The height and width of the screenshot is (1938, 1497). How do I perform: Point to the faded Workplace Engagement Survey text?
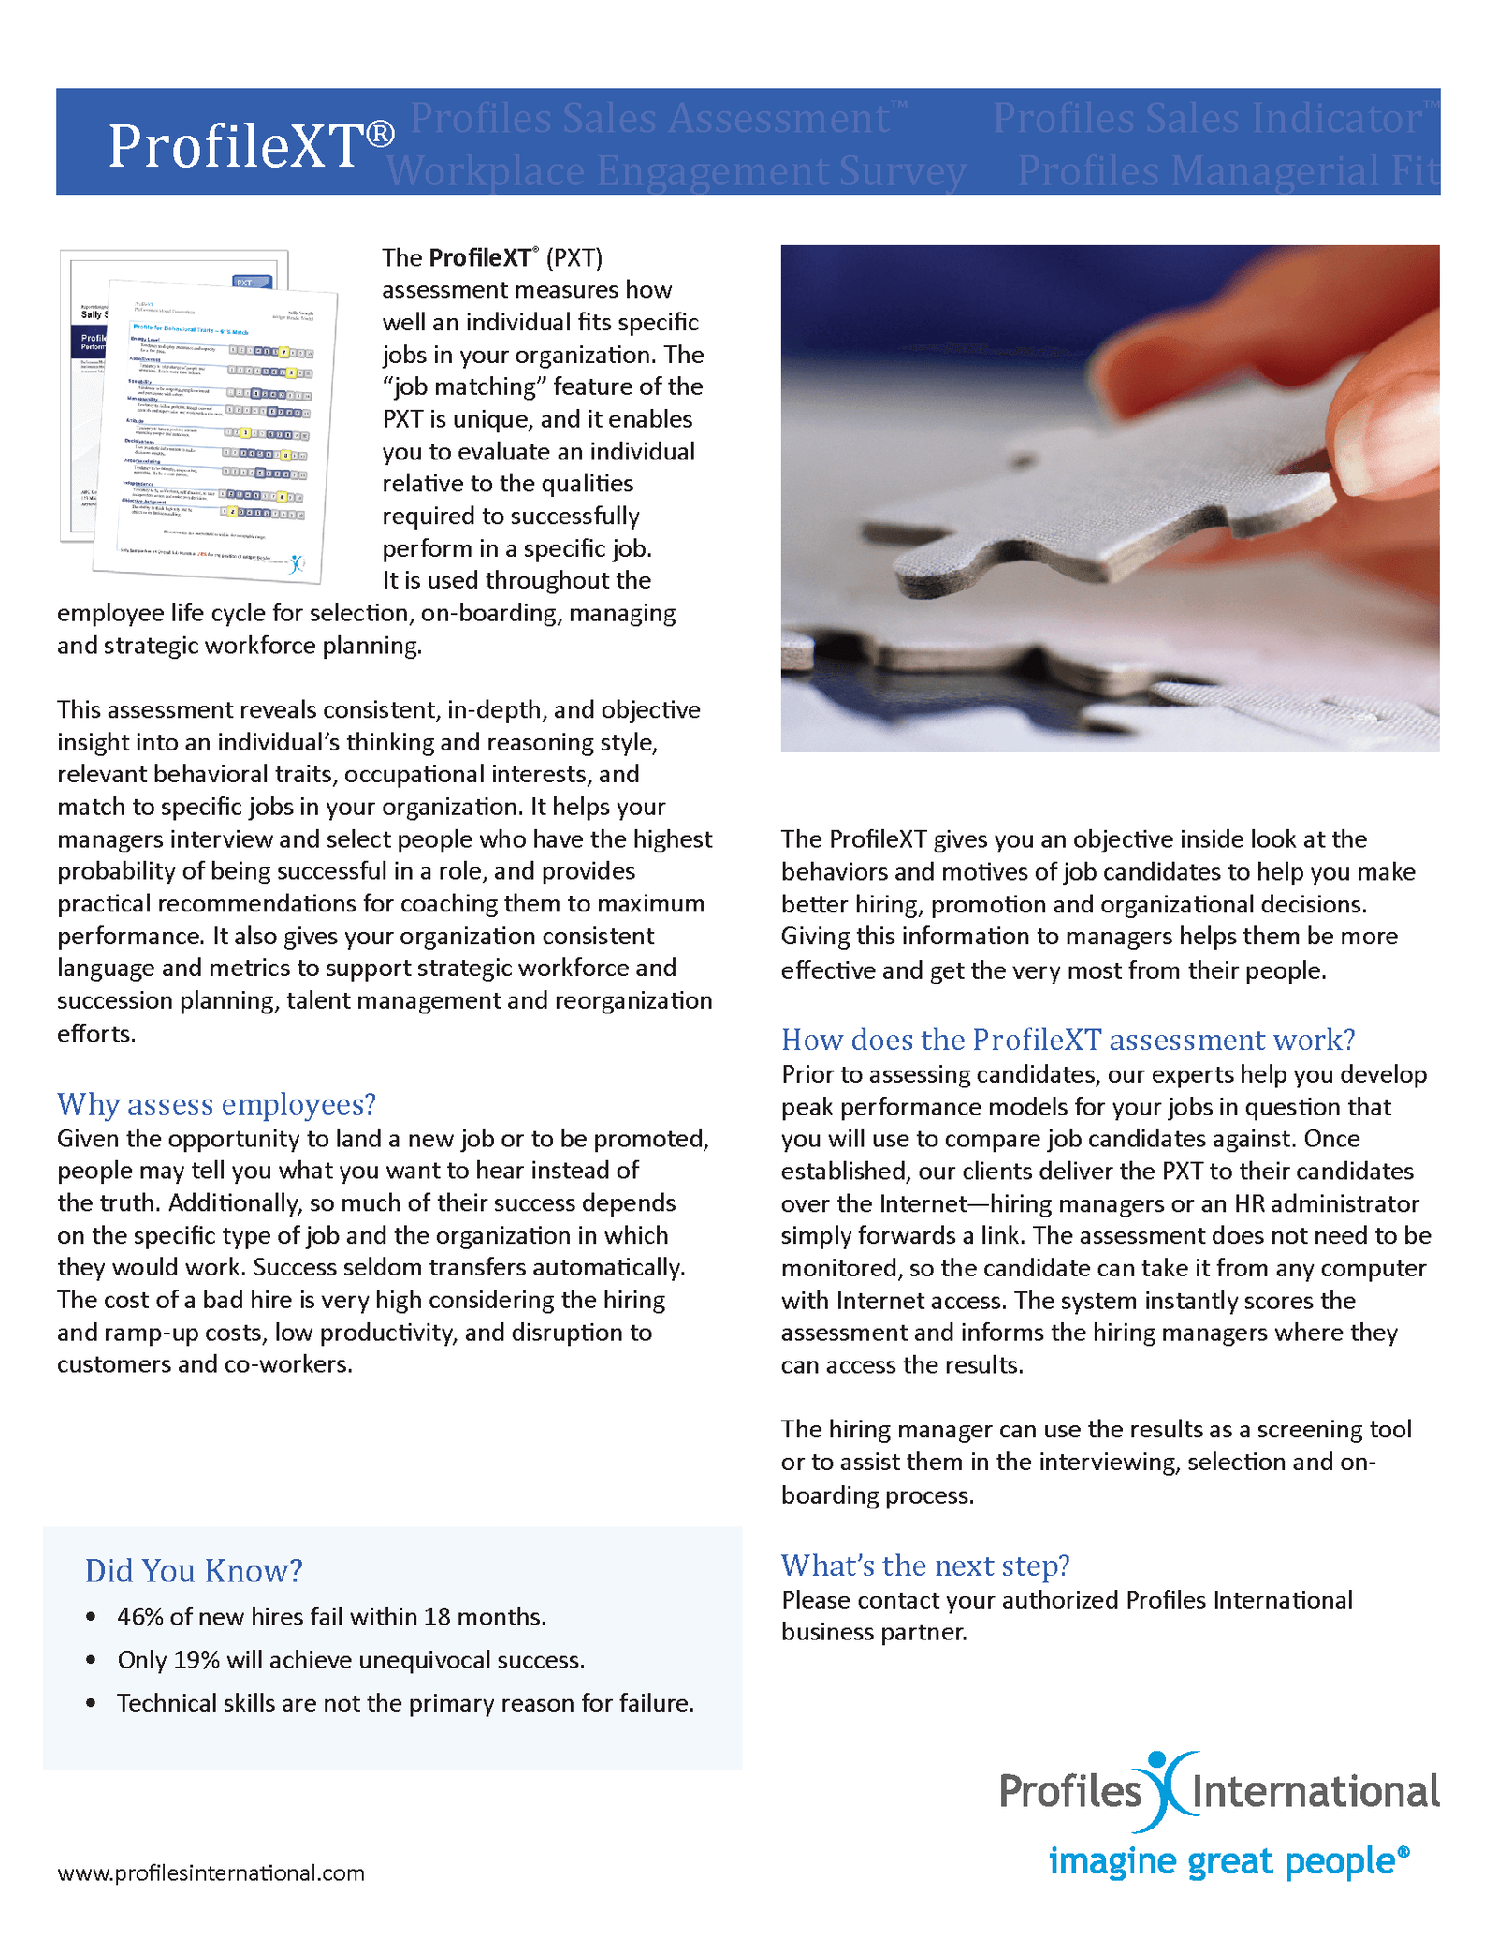(x=676, y=171)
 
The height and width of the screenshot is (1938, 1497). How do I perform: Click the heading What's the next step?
(x=924, y=1565)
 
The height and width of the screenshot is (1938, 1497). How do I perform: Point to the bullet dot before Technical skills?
(x=91, y=1703)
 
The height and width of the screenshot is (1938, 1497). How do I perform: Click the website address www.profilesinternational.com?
(x=211, y=1872)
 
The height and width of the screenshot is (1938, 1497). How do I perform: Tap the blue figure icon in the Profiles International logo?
(x=1166, y=1789)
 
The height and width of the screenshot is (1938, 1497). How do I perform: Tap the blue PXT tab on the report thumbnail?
(x=252, y=282)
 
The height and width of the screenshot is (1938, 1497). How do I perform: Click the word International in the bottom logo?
(x=1315, y=1791)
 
